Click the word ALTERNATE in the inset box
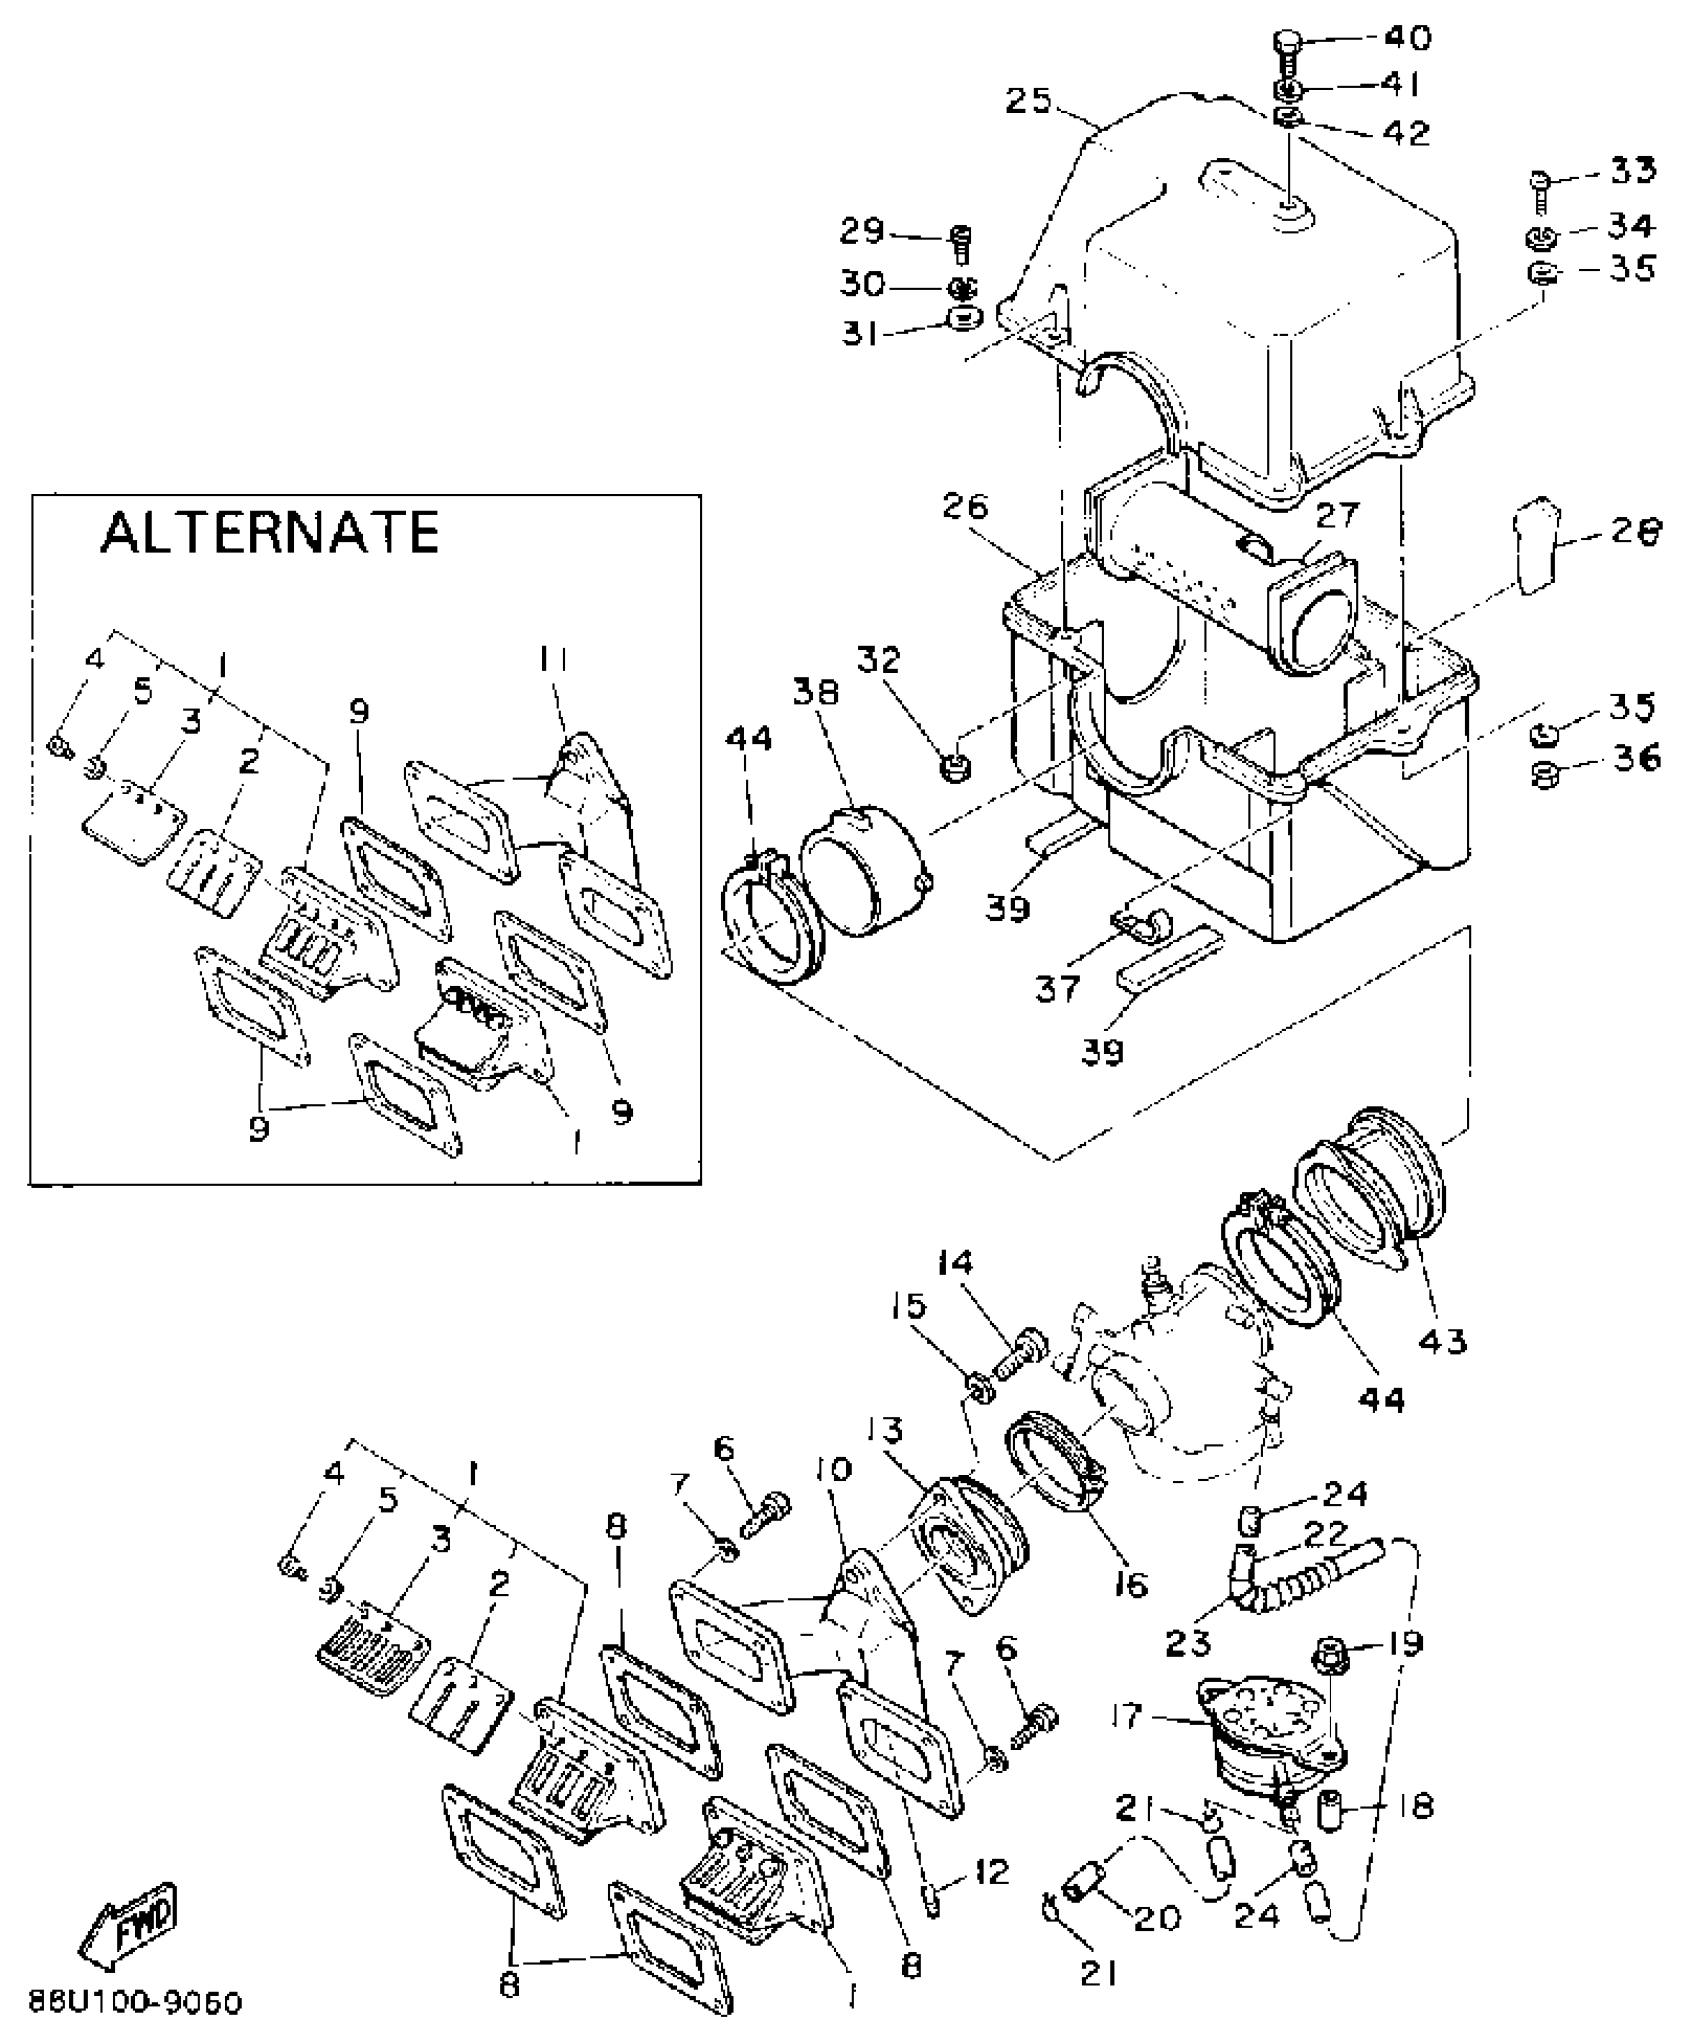[x=269, y=533]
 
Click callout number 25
[x=1029, y=102]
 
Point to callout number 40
[x=1407, y=38]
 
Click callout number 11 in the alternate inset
[x=555, y=660]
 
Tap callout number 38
[x=816, y=691]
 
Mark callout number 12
[x=992, y=1871]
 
